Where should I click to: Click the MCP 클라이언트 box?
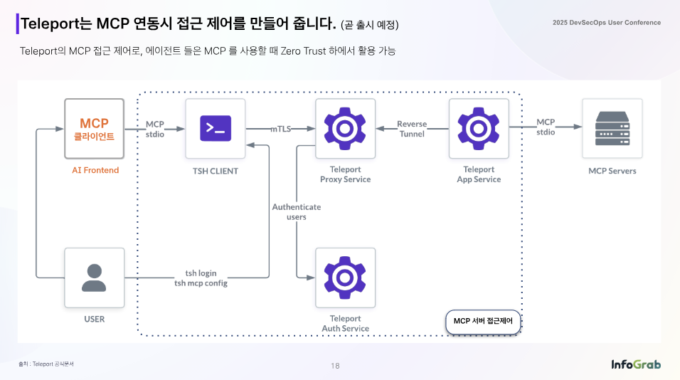click(94, 129)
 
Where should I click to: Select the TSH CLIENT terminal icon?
click(216, 128)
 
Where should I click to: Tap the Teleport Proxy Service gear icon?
click(345, 128)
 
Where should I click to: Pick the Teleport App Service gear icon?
click(479, 128)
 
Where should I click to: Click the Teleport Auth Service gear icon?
click(345, 278)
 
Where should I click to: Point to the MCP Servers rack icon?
click(612, 128)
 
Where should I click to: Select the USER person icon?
click(94, 278)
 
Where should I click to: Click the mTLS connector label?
click(281, 129)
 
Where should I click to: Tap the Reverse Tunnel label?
click(412, 129)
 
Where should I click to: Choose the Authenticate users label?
click(297, 212)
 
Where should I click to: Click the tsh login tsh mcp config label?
click(201, 278)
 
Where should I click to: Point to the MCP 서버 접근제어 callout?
click(483, 322)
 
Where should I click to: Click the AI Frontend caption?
click(95, 170)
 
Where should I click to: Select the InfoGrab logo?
click(636, 364)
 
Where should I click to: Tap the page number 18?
click(335, 366)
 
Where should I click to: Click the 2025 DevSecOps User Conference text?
click(607, 23)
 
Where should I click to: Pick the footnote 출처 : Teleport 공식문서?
click(46, 364)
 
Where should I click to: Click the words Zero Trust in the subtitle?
click(303, 51)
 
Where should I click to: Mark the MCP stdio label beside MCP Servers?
click(546, 127)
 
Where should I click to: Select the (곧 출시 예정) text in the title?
click(370, 25)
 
